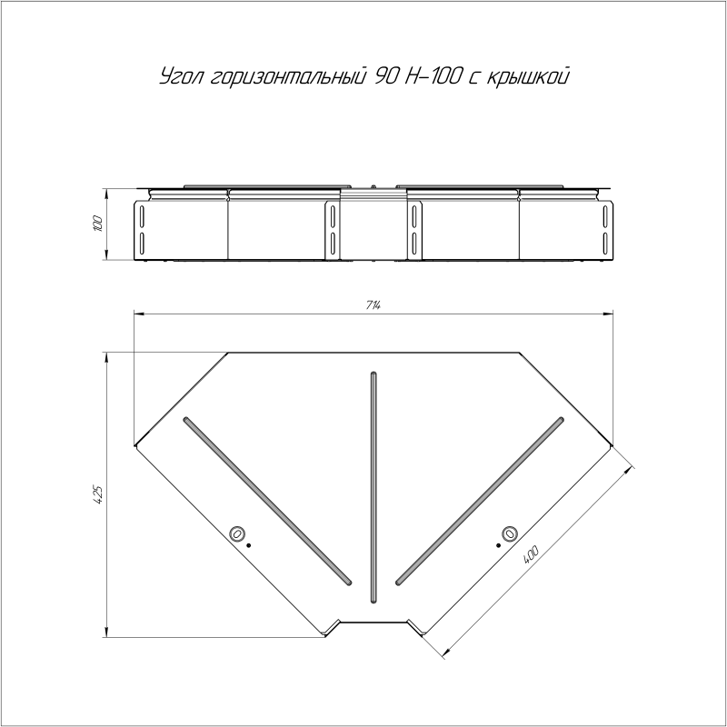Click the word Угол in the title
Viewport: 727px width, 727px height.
point(181,76)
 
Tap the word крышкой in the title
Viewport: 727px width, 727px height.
point(527,77)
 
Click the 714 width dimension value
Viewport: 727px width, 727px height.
point(373,305)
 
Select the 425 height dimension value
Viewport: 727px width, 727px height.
point(97,494)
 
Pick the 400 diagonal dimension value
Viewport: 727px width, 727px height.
point(531,555)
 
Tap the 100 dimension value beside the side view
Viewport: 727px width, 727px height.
point(97,224)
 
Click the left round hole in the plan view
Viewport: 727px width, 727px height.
point(237,533)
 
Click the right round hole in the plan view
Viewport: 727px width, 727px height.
point(510,533)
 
